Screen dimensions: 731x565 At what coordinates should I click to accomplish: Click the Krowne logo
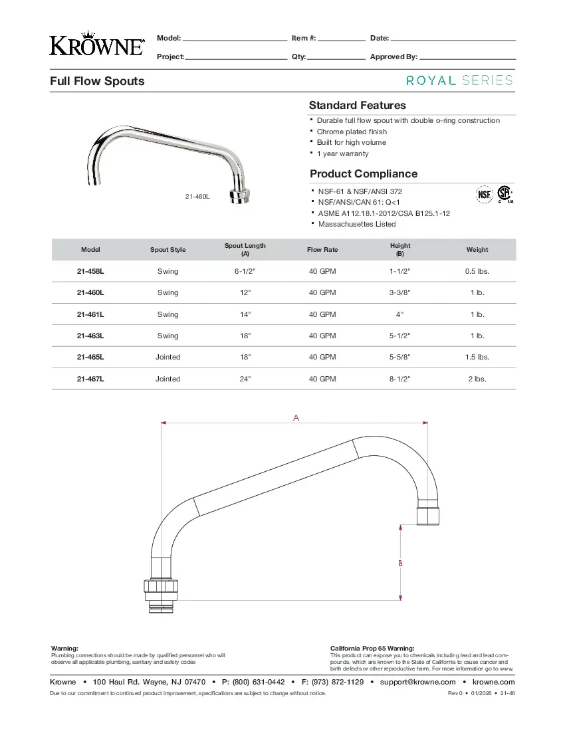click(x=97, y=45)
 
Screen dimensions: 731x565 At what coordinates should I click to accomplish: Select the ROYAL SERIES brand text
click(x=459, y=80)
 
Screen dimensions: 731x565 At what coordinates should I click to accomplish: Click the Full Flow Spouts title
click(x=97, y=81)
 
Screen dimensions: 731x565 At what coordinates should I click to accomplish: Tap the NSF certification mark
click(x=483, y=194)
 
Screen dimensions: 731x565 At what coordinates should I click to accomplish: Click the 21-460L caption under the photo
click(x=197, y=197)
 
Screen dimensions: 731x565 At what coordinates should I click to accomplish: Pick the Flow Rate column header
click(x=322, y=250)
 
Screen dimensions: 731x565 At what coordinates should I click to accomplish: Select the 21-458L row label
click(x=90, y=272)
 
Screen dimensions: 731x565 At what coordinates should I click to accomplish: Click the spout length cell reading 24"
click(x=245, y=379)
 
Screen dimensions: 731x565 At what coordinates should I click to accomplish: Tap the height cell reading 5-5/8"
click(x=399, y=358)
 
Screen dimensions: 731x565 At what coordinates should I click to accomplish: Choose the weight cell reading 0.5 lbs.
click(x=477, y=272)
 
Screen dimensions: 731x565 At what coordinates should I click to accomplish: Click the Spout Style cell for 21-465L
click(x=168, y=358)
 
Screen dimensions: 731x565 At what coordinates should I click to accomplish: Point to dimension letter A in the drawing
click(x=296, y=418)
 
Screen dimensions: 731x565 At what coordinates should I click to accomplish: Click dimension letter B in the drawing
click(x=400, y=563)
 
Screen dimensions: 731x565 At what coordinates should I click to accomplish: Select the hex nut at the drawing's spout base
click(x=162, y=587)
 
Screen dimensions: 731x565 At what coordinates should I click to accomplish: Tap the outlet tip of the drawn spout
click(x=427, y=516)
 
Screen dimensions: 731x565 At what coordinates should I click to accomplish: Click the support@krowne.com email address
click(x=417, y=682)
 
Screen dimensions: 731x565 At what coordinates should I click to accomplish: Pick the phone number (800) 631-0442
click(x=259, y=682)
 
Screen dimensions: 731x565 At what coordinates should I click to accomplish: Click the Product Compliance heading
click(x=364, y=174)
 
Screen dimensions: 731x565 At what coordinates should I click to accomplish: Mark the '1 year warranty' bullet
click(x=342, y=154)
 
